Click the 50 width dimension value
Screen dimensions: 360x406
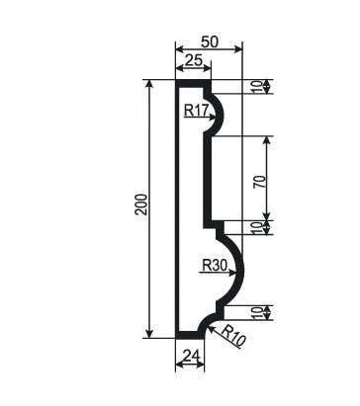pos(210,42)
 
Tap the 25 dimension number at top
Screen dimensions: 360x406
pos(193,61)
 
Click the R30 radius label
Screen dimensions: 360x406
pos(215,265)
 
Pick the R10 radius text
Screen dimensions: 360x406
pos(233,336)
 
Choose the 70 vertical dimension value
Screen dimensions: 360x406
pos(259,182)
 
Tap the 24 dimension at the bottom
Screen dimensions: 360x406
pos(191,356)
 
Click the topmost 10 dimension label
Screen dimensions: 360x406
pos(259,87)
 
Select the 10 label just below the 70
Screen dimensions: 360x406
pos(259,228)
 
